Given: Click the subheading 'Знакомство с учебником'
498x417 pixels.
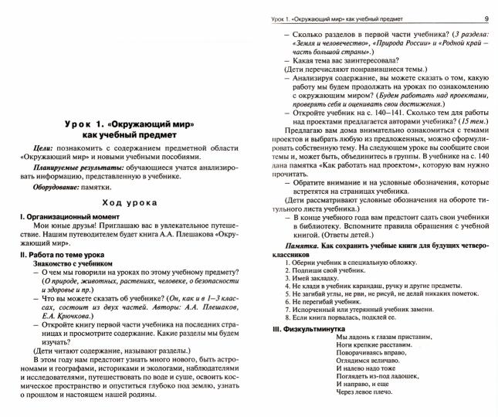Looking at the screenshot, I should (x=74, y=263).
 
